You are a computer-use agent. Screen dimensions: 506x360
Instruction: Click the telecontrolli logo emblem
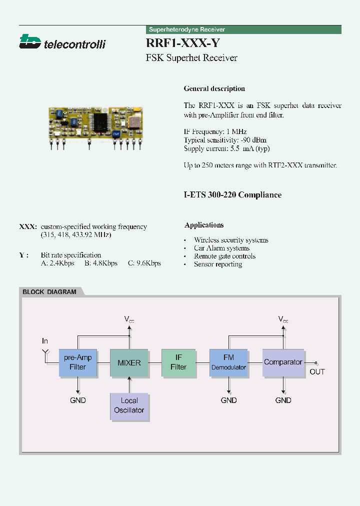coord(29,41)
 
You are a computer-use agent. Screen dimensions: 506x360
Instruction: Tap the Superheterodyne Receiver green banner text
coord(187,30)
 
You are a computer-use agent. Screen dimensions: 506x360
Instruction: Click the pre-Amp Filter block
coord(78,362)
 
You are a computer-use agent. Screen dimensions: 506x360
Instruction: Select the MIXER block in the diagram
coord(129,362)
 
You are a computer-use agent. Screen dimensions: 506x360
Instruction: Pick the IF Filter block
coord(178,362)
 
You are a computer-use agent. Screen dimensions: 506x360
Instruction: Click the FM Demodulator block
coord(228,362)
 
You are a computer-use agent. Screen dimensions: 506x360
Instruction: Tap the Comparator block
coord(283,362)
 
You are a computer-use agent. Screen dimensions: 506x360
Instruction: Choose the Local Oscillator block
coord(129,405)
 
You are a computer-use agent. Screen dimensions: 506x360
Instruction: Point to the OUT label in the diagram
coord(317,372)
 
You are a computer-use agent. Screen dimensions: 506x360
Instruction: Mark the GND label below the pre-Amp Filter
coord(78,400)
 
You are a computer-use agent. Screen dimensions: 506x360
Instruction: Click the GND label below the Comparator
coord(283,400)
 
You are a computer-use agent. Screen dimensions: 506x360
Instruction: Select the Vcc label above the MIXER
coord(129,319)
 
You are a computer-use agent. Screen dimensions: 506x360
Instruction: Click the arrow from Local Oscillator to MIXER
coord(129,385)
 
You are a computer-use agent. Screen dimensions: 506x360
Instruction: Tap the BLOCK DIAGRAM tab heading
coord(49,292)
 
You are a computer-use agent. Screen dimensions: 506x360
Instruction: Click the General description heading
coord(214,88)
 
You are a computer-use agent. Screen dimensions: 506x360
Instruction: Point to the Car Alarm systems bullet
coord(221,248)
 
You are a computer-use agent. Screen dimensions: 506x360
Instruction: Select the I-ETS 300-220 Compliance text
coord(232,195)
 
